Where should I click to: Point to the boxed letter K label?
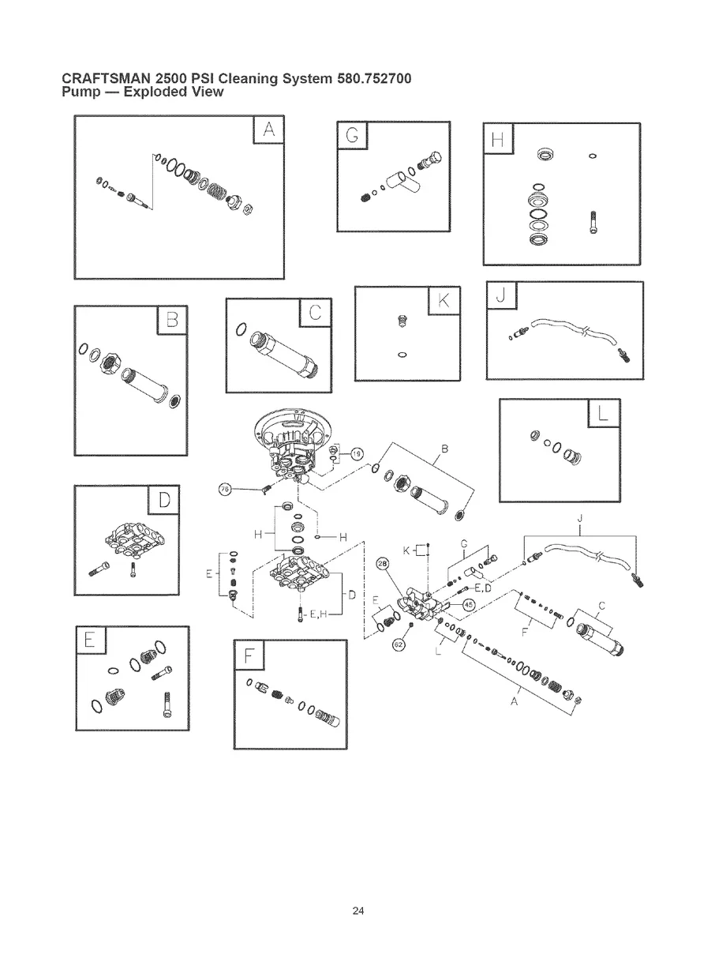click(x=443, y=301)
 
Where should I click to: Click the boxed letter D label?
click(x=164, y=500)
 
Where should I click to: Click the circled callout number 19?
click(x=357, y=453)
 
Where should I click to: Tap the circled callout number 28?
click(x=384, y=565)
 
